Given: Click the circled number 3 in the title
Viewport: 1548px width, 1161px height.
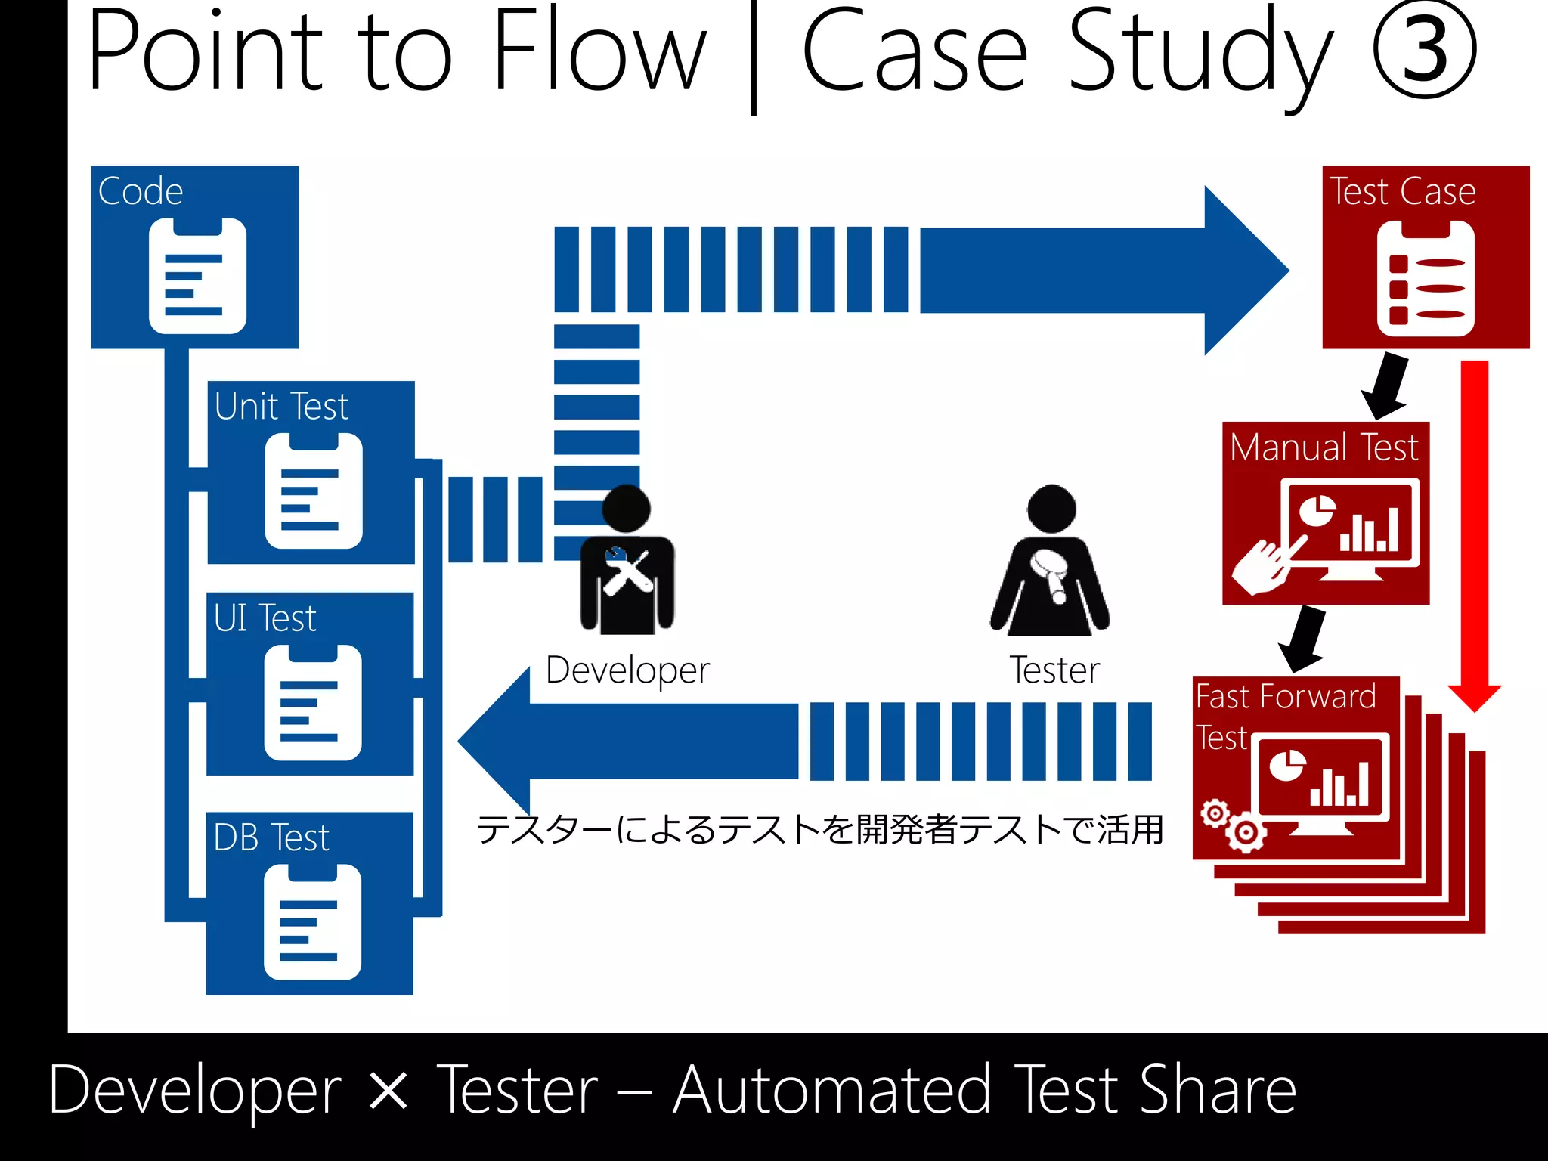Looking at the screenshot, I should (x=1424, y=50).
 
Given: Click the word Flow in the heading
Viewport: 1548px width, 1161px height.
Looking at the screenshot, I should (x=599, y=50).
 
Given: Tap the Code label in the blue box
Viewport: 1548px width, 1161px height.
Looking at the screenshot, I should (x=141, y=191).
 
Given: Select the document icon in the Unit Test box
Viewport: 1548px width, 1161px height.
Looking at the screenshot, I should (x=314, y=491).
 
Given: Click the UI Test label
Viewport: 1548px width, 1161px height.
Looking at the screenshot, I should (x=265, y=618).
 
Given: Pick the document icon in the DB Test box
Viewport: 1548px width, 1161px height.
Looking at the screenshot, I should (x=312, y=922).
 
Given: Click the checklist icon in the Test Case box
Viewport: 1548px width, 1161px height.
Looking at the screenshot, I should (x=1426, y=279).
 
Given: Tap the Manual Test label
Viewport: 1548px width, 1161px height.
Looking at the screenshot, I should (x=1324, y=447).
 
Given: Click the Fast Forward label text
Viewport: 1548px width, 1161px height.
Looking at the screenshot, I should (x=1286, y=696).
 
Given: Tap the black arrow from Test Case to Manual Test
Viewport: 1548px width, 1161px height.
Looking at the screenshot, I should (x=1386, y=386).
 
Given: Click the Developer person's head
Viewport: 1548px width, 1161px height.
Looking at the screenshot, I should (x=626, y=508).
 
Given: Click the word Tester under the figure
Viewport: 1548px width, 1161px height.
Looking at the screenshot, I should (x=1054, y=670).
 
